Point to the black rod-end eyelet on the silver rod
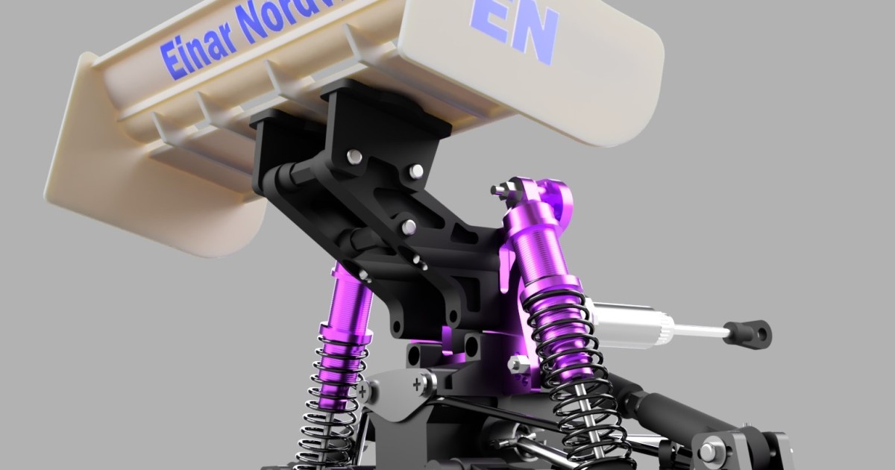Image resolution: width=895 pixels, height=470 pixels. pyautogui.click(x=749, y=333)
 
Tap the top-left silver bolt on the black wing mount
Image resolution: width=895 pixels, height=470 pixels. pyautogui.click(x=354, y=157)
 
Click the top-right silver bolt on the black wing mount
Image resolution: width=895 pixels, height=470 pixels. pyautogui.click(x=415, y=172)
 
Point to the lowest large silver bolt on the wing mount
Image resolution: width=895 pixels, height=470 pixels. pyautogui.click(x=409, y=225)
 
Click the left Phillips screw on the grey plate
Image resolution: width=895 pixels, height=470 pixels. pyautogui.click(x=363, y=389)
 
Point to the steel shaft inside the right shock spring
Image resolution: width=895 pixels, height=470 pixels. pyautogui.click(x=589, y=418)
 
